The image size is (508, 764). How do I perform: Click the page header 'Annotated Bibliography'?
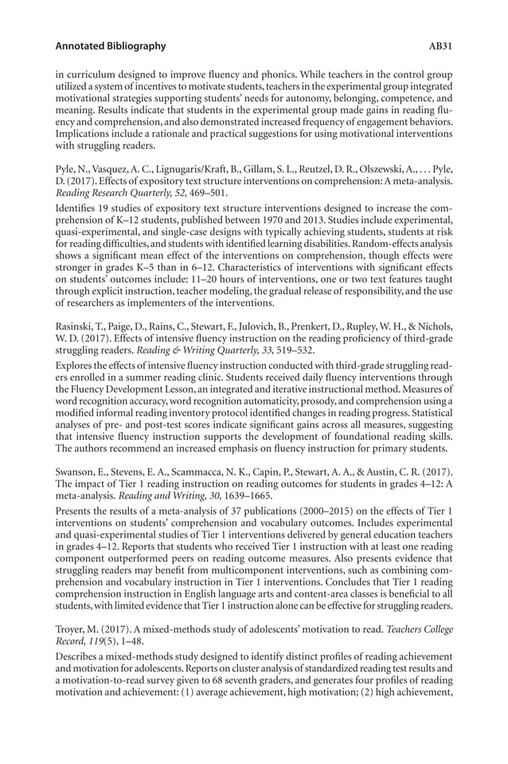[x=107, y=46]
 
